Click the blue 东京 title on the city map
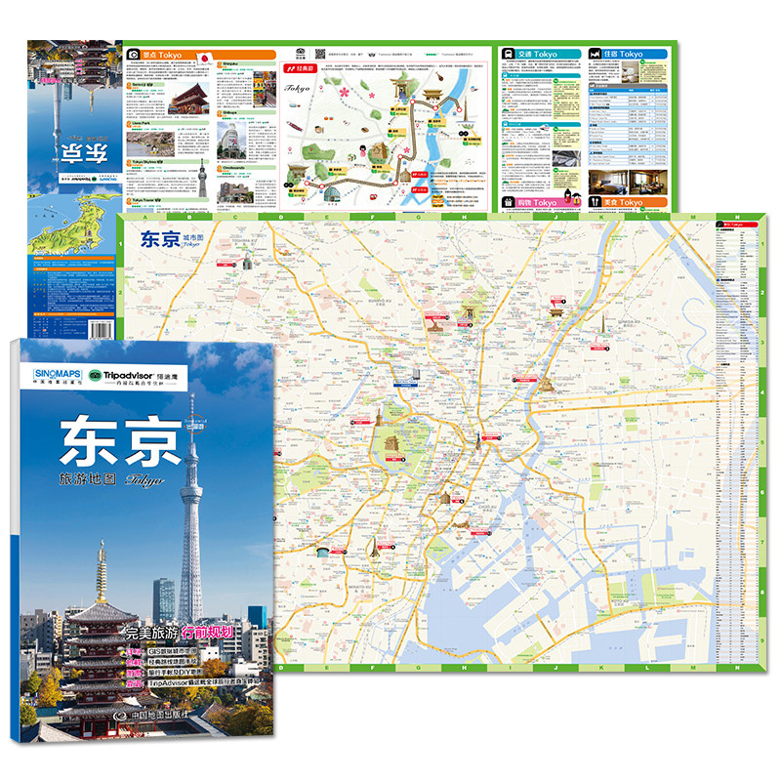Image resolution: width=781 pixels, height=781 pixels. (159, 237)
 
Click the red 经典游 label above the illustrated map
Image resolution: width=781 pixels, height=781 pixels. (297, 70)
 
